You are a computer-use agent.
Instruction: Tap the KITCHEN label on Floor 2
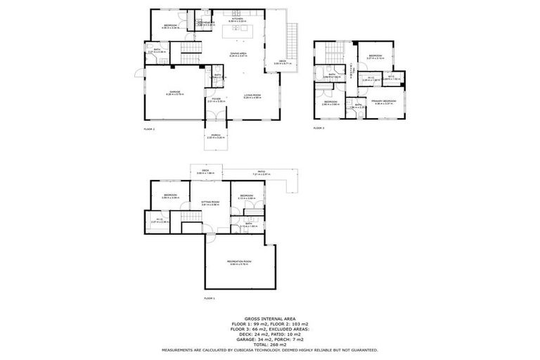tap(236, 19)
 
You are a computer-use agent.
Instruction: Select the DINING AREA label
tap(237, 53)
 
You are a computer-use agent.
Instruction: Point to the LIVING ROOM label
tap(252, 95)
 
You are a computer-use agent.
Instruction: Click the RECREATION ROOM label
tap(239, 262)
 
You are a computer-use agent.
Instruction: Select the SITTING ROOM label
tap(210, 202)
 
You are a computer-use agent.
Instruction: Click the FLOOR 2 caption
tap(148, 129)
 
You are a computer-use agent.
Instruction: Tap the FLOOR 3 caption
tap(319, 128)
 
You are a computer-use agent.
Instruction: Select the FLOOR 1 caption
tap(209, 299)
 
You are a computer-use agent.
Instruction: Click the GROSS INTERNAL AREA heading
tap(269, 318)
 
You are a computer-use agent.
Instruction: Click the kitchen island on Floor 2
tap(237, 32)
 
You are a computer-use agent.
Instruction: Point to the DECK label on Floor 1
tap(206, 171)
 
